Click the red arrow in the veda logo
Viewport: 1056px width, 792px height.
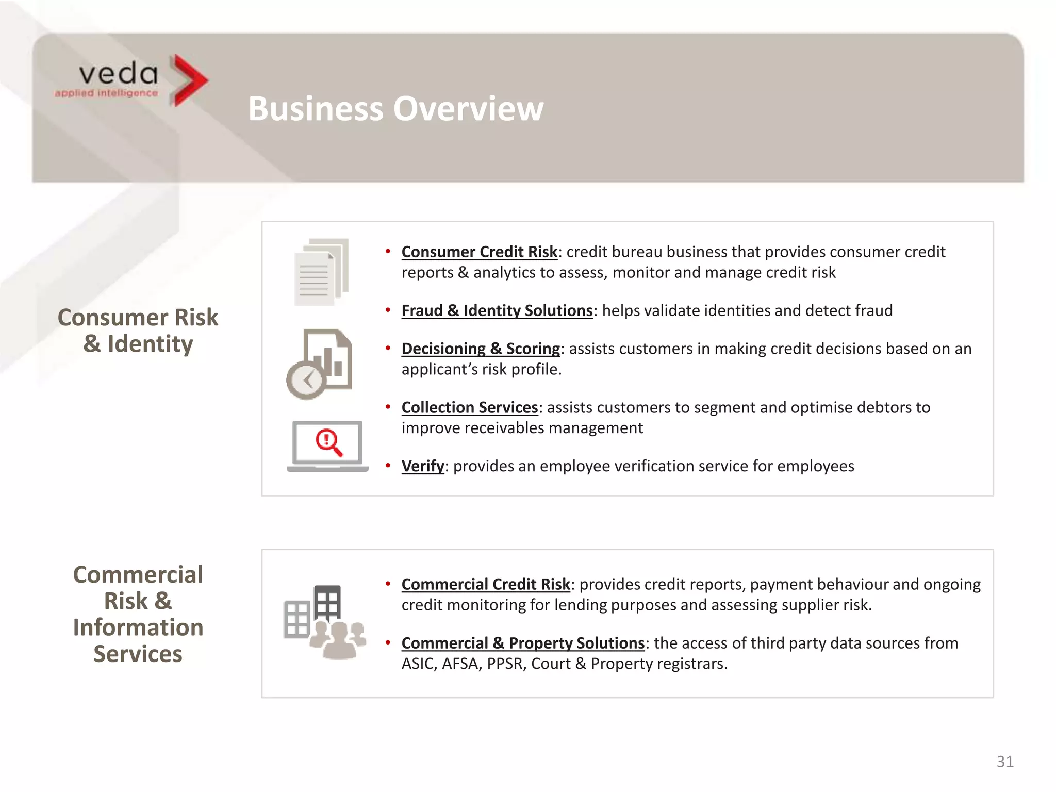[189, 80]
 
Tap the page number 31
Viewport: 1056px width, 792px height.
[1005, 762]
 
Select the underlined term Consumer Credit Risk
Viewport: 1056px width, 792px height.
[479, 252]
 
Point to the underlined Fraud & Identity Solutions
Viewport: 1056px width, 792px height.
[497, 310]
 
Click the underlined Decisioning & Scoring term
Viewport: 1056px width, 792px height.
[481, 349]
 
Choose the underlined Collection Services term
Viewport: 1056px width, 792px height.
[469, 407]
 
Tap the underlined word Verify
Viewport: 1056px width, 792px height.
[422, 466]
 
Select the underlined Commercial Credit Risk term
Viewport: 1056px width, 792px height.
[486, 584]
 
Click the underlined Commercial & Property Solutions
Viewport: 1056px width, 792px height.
[523, 643]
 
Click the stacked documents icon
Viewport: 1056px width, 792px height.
[321, 272]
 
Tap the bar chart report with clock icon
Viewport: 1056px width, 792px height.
[320, 364]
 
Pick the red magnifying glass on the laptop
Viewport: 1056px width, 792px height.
[329, 442]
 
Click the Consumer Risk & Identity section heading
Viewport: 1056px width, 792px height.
[138, 331]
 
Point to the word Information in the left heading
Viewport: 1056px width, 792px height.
[138, 628]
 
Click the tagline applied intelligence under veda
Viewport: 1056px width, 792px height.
[106, 93]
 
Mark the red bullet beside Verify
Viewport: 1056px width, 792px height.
[388, 466]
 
